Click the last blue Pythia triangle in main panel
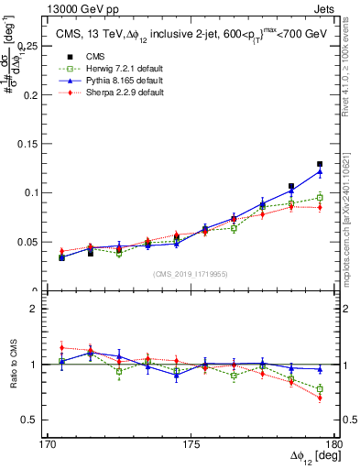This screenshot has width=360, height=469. (x=320, y=171)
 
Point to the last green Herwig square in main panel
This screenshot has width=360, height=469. (x=320, y=197)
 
